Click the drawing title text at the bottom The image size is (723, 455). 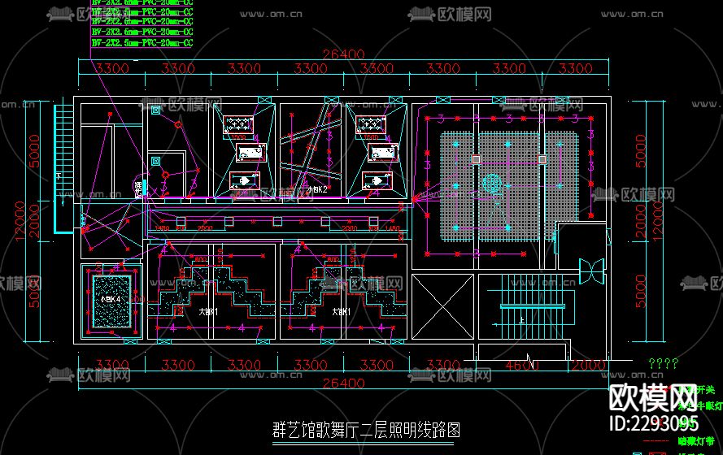coord(363,429)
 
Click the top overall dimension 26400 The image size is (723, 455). coord(342,54)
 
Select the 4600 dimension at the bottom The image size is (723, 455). coord(521,365)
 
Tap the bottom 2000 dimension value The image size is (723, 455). coord(587,365)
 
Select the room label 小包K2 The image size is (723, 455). coord(316,189)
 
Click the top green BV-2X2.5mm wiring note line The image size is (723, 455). coord(142,3)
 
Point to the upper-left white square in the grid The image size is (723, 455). coord(473,158)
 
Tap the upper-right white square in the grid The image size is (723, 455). coord(541,158)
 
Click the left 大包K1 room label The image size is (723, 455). coord(209,311)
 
